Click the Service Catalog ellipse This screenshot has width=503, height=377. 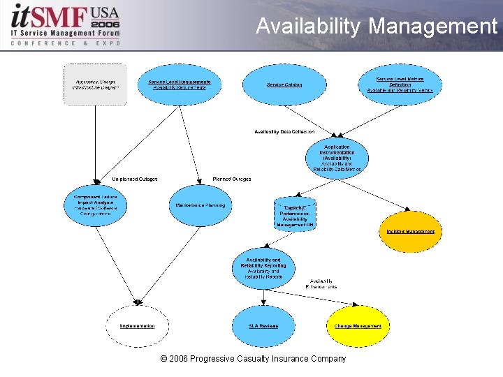point(284,84)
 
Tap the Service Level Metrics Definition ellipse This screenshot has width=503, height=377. point(400,84)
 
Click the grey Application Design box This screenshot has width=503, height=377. point(96,84)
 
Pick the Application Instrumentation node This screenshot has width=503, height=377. point(337,158)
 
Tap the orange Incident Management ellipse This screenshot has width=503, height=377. point(410,231)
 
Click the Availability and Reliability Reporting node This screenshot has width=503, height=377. point(263,269)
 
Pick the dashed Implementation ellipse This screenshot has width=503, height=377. point(137,326)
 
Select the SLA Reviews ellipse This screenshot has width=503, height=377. point(263,326)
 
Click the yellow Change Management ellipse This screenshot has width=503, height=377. point(357,326)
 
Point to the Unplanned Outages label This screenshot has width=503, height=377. point(135,179)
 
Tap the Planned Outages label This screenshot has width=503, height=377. point(232,179)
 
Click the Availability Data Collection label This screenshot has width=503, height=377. point(284,132)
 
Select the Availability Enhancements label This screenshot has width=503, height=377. point(323,284)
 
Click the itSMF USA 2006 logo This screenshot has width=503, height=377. point(63,24)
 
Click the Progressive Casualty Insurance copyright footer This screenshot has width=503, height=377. point(253,359)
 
